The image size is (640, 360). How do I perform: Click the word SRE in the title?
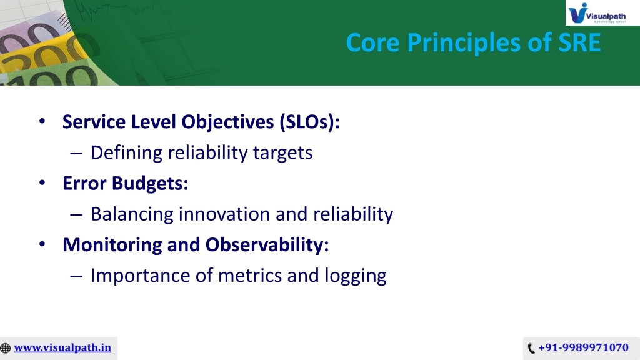(579, 42)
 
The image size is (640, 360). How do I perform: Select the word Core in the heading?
(372, 42)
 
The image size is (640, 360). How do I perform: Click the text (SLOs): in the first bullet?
(310, 122)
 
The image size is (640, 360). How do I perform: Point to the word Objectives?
(227, 122)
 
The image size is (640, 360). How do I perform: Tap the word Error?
(84, 183)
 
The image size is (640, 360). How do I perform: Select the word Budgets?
(150, 184)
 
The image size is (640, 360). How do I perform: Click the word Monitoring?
(112, 245)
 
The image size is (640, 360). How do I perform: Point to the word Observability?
(267, 245)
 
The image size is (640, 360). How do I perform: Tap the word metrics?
(250, 276)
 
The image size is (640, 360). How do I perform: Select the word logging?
(356, 276)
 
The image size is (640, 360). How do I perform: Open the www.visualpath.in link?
(62, 347)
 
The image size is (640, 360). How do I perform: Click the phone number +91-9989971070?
(583, 347)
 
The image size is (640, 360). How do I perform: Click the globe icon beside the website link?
(5, 348)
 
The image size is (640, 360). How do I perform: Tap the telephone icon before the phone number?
(531, 348)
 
